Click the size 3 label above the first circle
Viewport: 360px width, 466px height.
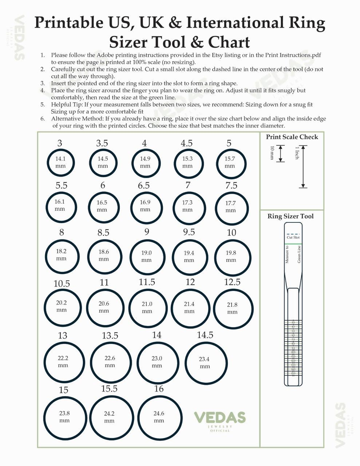point(60,143)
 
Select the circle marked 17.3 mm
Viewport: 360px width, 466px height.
point(187,206)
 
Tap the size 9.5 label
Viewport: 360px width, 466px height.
point(189,232)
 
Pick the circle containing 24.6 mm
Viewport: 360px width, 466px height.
point(159,417)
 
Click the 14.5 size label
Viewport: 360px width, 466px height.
point(205,335)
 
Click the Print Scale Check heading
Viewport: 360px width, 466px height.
point(292,137)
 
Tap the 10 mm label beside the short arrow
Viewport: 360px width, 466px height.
point(272,153)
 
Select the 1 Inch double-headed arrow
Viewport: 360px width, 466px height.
point(303,167)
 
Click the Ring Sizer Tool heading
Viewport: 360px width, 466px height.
point(290,216)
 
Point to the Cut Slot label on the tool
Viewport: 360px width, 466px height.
point(293,237)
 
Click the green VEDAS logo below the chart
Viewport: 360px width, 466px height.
point(219,418)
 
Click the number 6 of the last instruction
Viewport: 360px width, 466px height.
point(42,119)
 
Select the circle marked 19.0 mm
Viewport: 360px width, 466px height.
point(146,256)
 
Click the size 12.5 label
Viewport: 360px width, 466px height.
point(232,282)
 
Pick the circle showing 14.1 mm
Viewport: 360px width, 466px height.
point(60,162)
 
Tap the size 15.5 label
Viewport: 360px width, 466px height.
point(109,389)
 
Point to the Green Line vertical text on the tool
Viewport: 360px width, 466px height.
point(299,254)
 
